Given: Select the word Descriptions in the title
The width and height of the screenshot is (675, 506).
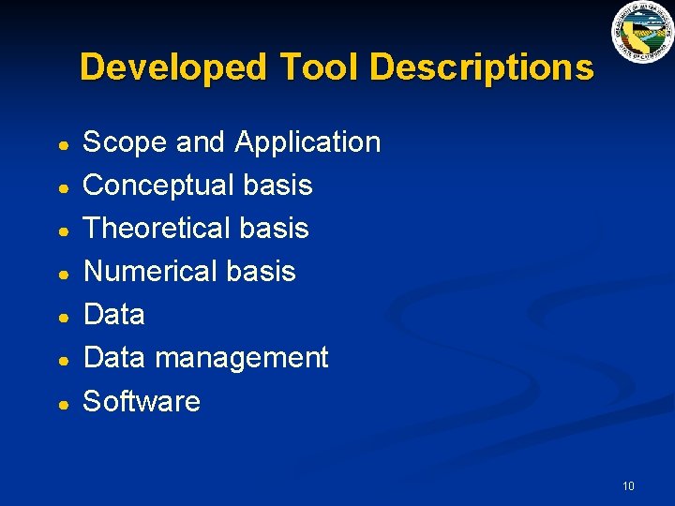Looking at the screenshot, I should (x=482, y=67).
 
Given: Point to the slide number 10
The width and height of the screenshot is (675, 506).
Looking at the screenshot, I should (x=628, y=485).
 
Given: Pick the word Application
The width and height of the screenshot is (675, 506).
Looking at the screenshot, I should (x=307, y=142).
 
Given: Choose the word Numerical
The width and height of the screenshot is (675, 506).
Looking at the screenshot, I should (x=150, y=272).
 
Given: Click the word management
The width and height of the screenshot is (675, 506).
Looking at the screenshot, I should (x=242, y=358).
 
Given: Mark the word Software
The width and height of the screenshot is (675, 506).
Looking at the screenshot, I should (x=142, y=401).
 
